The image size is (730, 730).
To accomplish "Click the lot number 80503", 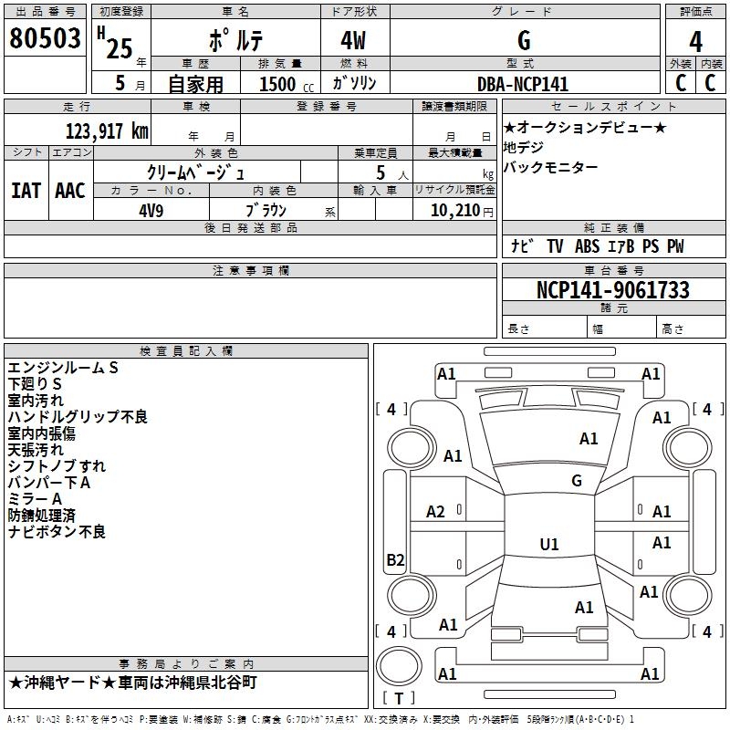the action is tap(45, 39).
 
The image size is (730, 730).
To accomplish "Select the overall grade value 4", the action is tap(696, 40).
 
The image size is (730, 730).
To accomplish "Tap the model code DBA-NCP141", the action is tap(523, 84).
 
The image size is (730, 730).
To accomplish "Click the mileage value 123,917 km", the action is tap(107, 130).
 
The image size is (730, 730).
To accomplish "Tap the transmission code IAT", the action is tap(26, 190).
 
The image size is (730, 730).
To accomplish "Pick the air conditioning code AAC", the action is tap(70, 190).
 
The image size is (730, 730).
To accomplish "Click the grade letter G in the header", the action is tap(523, 40).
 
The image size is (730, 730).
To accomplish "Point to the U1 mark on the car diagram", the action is tap(549, 545).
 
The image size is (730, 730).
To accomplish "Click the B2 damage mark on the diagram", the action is tap(395, 560).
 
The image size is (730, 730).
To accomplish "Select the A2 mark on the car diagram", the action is tap(436, 512).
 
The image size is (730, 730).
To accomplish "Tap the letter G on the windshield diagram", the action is tap(577, 480).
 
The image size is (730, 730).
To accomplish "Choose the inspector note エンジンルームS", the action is tap(64, 368).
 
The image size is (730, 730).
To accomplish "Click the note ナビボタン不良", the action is tap(57, 531).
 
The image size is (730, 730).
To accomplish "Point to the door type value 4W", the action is tap(355, 40).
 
